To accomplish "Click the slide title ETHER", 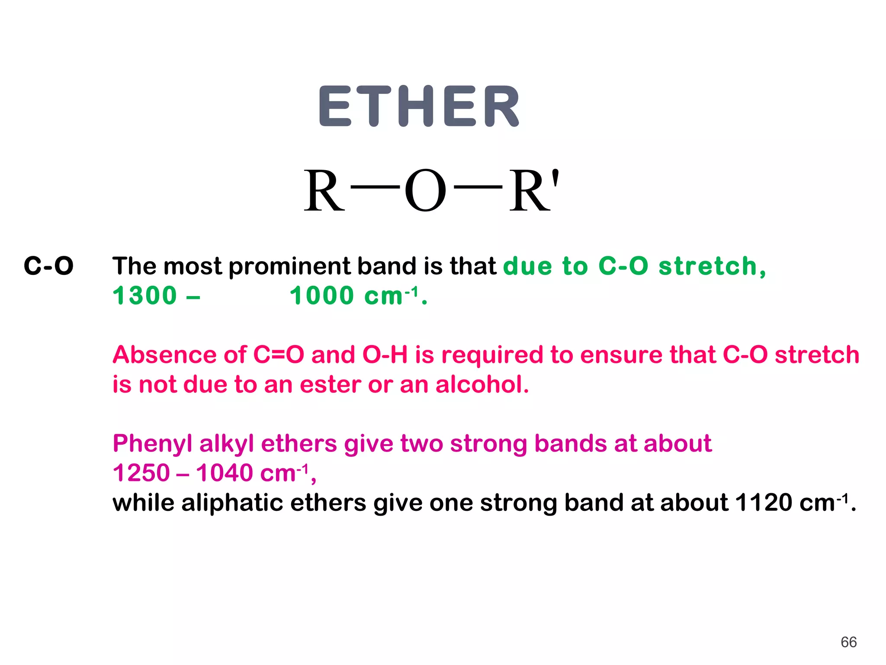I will click(x=419, y=107).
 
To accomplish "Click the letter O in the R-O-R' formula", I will click(x=425, y=191).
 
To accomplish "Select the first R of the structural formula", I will click(x=324, y=191).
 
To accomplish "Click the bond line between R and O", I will click(x=375, y=187).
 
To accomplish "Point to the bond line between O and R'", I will click(x=478, y=187).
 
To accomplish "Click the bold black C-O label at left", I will click(x=48, y=266).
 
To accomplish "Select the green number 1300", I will click(x=145, y=296).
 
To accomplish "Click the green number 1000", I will click(x=322, y=296).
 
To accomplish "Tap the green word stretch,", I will click(x=712, y=266).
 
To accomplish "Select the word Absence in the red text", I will click(x=164, y=355).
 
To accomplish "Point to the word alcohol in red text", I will click(x=482, y=384).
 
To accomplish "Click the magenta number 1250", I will click(x=141, y=473).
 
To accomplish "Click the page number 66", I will click(x=848, y=642).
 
